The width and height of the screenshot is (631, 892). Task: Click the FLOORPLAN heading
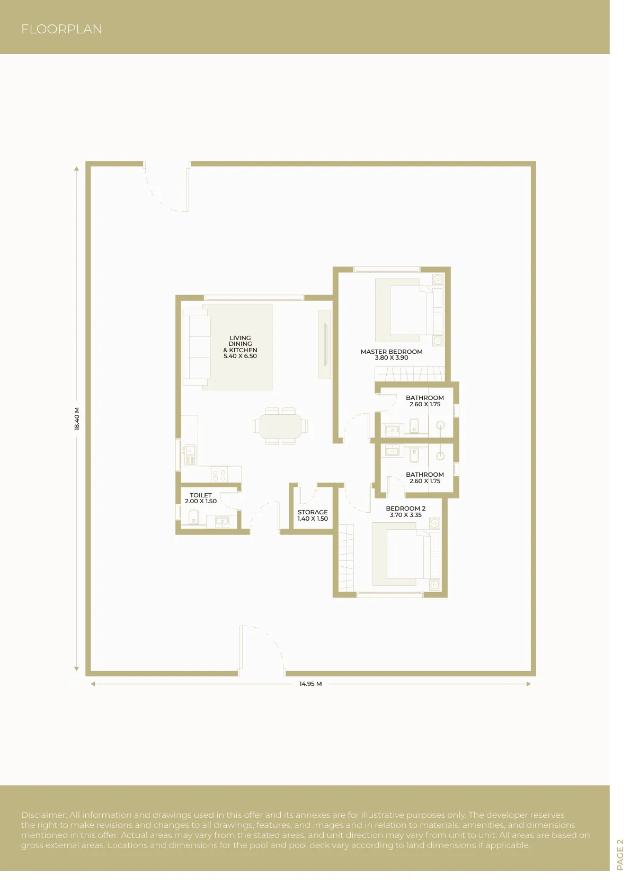61,29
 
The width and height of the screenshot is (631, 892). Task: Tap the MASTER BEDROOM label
391,352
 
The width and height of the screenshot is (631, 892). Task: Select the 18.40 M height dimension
77,418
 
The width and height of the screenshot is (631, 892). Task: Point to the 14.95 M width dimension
310,684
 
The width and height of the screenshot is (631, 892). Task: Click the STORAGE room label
313,512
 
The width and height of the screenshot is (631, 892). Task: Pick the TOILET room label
200,495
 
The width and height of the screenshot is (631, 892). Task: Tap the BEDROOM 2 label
405,509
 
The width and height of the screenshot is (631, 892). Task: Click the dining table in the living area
280,426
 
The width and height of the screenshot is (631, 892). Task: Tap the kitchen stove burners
219,475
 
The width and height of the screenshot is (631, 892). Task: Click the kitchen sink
190,456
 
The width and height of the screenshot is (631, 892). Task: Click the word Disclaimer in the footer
44,815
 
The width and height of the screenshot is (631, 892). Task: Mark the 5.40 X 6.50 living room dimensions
240,356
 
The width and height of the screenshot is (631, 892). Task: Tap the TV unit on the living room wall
325,344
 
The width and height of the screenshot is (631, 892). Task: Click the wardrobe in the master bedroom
410,373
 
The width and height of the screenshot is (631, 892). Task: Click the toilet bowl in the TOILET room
193,518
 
